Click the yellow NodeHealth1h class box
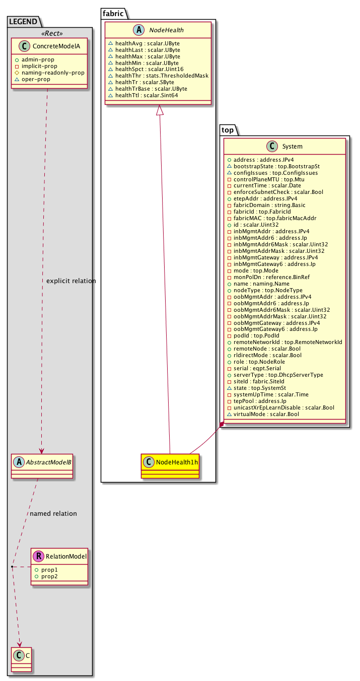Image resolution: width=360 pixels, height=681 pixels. tap(170, 465)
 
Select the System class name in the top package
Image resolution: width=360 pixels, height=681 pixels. tap(293, 147)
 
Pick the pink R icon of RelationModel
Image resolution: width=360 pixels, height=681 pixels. tap(38, 557)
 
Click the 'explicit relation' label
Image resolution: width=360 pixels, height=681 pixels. tap(70, 281)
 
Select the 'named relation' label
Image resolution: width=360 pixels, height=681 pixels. tap(53, 514)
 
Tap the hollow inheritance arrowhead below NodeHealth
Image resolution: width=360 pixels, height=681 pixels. tap(160, 109)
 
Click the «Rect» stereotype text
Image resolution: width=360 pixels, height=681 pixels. tap(49, 33)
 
